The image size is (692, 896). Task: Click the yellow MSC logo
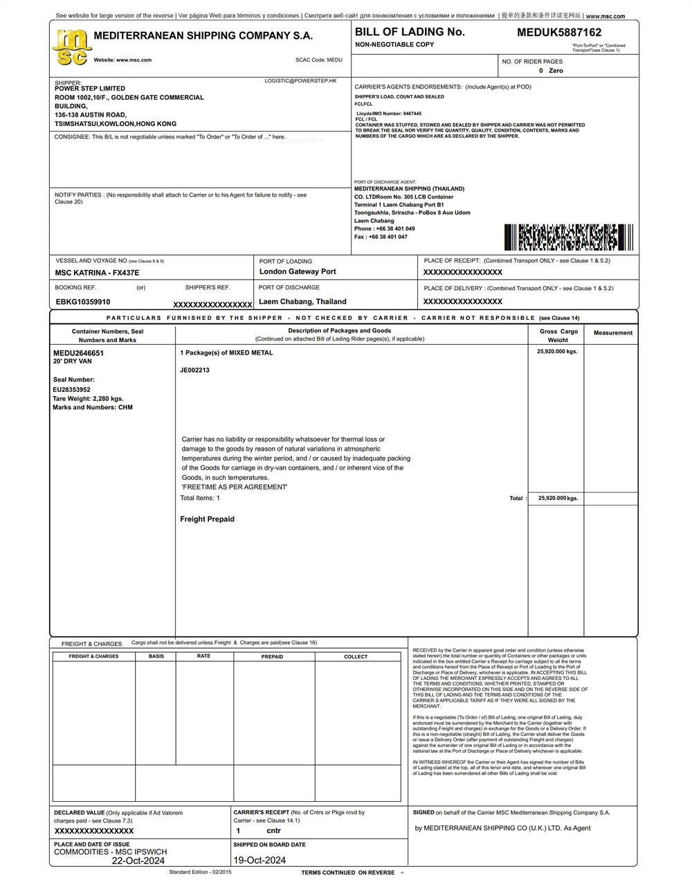tap(71, 47)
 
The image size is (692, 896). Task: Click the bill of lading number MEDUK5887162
tap(559, 33)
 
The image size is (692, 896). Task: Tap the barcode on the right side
tap(560, 238)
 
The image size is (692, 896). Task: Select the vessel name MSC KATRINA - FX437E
tap(97, 273)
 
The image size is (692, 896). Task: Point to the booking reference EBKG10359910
tap(83, 302)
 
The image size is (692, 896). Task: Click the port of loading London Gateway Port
tap(298, 271)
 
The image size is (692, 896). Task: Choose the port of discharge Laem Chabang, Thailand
tap(302, 302)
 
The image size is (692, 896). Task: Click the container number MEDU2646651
tap(79, 353)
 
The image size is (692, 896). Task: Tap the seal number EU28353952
tap(72, 390)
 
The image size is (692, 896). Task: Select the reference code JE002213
tap(194, 370)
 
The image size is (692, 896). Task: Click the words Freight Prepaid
tap(207, 519)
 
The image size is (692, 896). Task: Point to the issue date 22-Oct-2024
tap(138, 861)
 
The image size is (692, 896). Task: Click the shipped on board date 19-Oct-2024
tap(259, 861)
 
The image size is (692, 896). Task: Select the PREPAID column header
tap(272, 656)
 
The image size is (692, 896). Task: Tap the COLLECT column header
tap(356, 656)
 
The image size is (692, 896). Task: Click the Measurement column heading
tap(612, 333)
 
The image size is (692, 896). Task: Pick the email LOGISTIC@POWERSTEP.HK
tap(300, 81)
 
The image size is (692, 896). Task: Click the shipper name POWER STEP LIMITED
tap(90, 89)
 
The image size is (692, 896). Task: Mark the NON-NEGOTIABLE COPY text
tap(394, 44)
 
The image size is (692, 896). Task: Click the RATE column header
tap(203, 656)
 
